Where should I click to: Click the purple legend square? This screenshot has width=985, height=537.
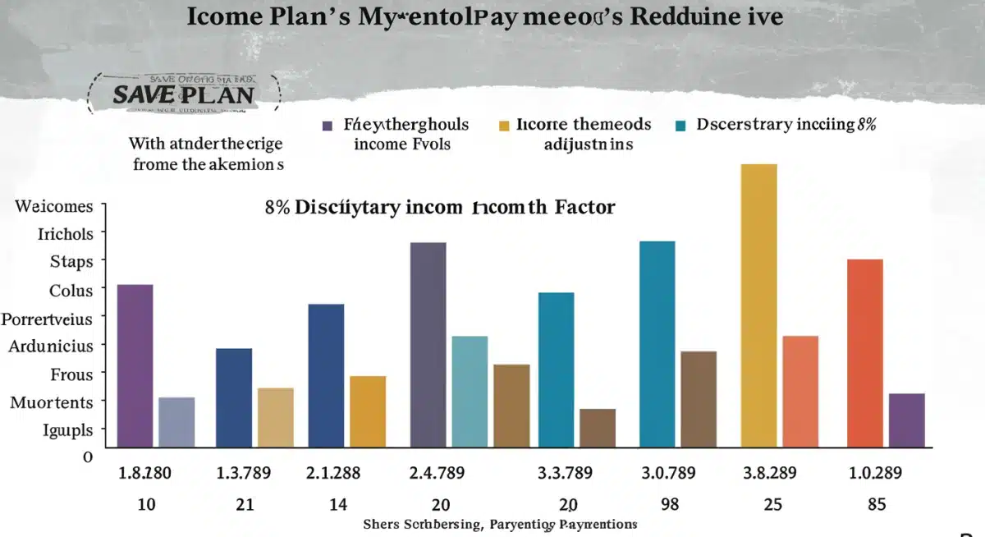point(328,126)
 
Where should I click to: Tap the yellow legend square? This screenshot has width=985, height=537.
point(503,126)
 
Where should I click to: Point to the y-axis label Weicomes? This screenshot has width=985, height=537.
point(53,206)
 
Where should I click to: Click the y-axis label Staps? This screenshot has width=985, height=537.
point(71,261)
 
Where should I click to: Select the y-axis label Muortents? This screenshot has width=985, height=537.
point(52,402)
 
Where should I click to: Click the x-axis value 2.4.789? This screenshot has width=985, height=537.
point(437,473)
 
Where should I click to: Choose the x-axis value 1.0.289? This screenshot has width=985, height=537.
point(875,473)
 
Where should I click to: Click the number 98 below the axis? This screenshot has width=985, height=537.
point(670,504)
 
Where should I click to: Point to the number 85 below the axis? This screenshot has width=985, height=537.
point(877,504)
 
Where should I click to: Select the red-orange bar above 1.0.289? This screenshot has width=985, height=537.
point(864,353)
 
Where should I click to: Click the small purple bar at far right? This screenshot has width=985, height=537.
point(906,420)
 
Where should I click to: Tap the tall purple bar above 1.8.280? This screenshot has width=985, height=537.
point(135,365)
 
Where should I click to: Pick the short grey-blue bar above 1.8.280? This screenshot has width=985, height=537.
point(176,422)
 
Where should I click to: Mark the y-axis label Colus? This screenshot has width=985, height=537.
point(71,290)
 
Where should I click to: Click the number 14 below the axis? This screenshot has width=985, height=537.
point(338,504)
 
